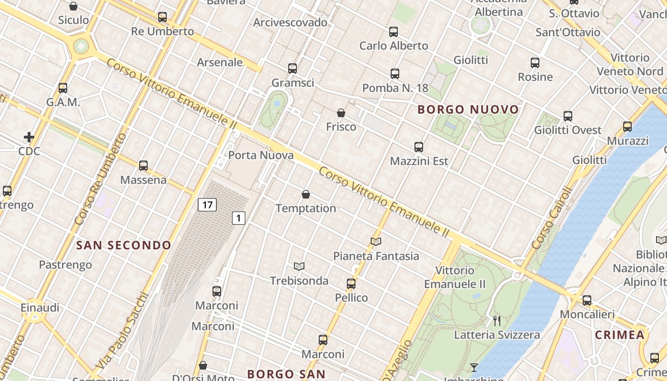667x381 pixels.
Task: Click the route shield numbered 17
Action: (207, 205)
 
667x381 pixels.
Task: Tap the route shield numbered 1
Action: (239, 218)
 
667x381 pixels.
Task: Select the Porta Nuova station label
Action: (261, 155)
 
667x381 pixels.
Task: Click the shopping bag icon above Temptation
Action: (306, 194)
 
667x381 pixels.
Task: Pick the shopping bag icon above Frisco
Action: (341, 113)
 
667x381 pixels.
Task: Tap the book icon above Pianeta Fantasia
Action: (376, 242)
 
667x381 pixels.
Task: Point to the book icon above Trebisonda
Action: (299, 266)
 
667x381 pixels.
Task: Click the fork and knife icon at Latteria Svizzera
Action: (497, 321)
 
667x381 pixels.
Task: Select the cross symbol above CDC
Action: (29, 138)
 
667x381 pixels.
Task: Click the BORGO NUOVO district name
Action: (468, 110)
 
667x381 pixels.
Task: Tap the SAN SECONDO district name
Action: (124, 245)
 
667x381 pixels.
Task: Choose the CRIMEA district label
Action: (619, 335)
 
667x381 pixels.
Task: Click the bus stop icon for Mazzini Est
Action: (419, 147)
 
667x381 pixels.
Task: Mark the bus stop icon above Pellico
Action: (351, 284)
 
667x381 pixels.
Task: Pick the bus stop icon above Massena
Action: (143, 166)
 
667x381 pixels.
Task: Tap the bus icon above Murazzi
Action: (627, 127)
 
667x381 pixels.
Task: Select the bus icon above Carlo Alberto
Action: (394, 32)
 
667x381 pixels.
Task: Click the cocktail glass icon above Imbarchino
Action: (474, 367)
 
